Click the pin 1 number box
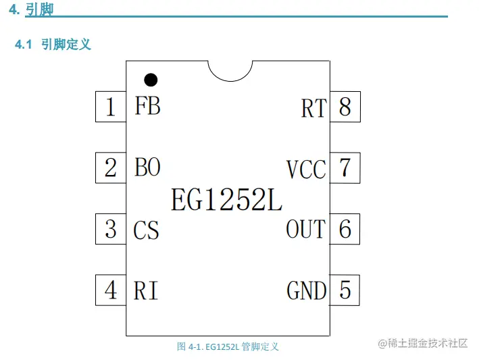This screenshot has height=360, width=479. point(111,107)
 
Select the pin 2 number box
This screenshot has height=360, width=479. point(111,168)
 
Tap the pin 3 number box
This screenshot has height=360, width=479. point(111,229)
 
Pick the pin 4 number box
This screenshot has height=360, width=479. point(111,290)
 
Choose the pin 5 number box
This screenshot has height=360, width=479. point(345,290)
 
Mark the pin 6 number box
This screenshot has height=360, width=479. point(345,229)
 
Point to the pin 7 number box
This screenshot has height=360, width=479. point(345,168)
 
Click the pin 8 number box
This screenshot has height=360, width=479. point(345,107)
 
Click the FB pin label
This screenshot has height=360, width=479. point(147,106)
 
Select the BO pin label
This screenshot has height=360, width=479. point(147,167)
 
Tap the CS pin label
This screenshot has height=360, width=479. point(146,230)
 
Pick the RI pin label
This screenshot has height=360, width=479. point(146,290)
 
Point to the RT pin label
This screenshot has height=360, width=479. point(313,108)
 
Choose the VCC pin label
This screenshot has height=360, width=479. point(306,170)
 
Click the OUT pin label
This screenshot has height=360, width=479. point(306,229)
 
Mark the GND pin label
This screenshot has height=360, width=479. point(307,290)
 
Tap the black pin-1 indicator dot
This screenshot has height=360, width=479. point(151,80)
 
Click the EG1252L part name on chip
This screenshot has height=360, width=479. point(226,200)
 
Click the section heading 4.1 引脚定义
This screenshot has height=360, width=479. point(53,45)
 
